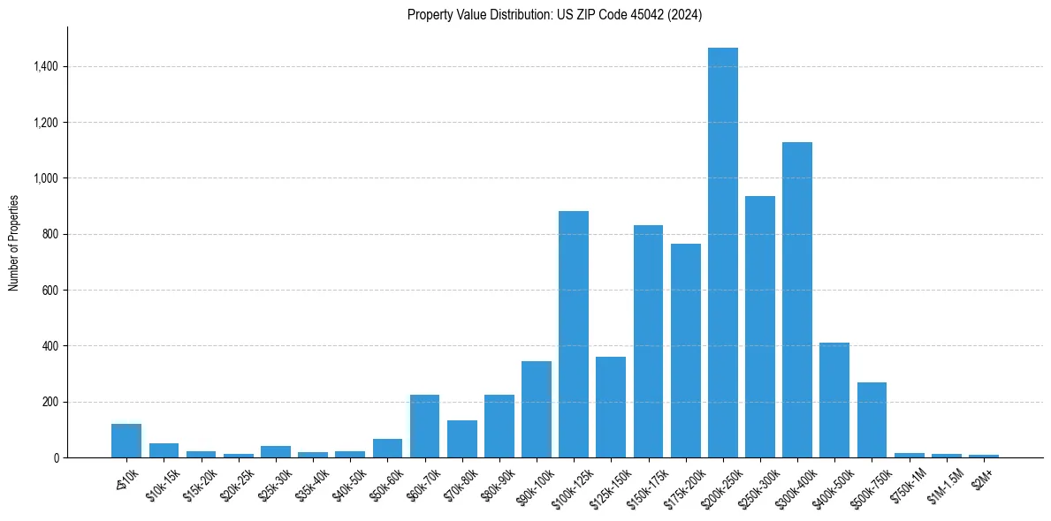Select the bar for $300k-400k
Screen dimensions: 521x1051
coord(796,300)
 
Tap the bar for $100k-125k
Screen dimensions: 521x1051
coord(574,335)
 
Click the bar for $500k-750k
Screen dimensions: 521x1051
coord(872,420)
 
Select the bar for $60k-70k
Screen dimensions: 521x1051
coord(424,427)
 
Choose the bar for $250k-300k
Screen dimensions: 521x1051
coord(759,327)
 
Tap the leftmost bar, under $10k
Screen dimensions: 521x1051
coord(126,441)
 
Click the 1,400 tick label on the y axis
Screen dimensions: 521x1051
coord(46,66)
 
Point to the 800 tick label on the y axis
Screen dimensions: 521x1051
coord(50,234)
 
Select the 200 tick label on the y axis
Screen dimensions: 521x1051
coord(50,402)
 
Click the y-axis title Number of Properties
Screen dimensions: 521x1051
coord(14,243)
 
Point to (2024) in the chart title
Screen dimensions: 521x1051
coord(686,15)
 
